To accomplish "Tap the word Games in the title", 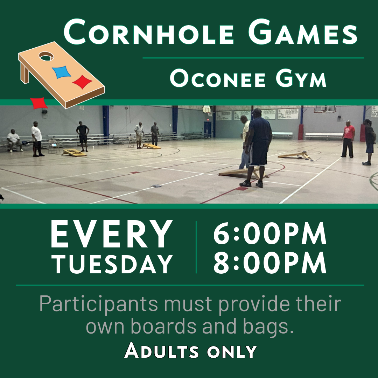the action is click(303, 32).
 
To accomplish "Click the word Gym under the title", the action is click(301, 78).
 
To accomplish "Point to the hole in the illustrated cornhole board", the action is click(46, 56).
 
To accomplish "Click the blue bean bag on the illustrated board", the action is click(62, 72).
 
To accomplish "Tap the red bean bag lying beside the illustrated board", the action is click(38, 103).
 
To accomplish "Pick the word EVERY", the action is click(111, 234).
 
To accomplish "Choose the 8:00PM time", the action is click(270, 262).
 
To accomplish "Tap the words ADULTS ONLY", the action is click(190, 351).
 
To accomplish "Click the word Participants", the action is click(98, 304).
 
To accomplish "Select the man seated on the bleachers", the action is click(14, 141).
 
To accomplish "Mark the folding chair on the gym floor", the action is click(54, 146).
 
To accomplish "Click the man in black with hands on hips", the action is click(83, 136).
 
